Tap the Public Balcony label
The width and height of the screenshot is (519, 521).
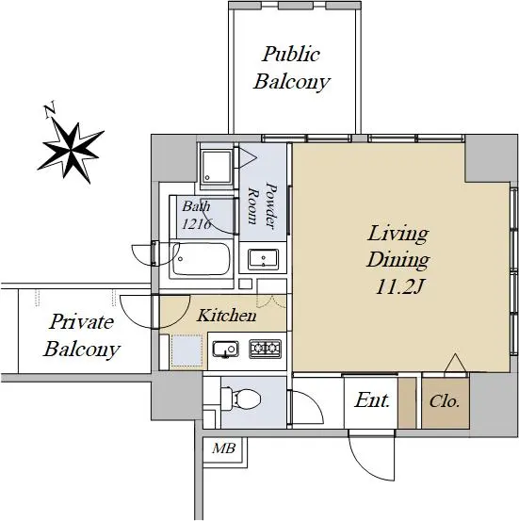pos(291,68)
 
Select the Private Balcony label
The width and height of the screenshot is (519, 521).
pos(81,335)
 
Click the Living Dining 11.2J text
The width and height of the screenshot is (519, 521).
pos(398,260)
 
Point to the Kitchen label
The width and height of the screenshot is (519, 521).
pos(226,316)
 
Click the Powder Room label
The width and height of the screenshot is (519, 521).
pos(263,206)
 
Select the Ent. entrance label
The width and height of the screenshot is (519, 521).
pos(372,400)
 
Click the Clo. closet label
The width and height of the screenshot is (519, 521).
pos(445,401)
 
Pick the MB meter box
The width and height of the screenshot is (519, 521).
pos(224,448)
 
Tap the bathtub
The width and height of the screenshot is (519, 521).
pos(201,259)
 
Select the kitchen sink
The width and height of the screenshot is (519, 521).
pos(226,350)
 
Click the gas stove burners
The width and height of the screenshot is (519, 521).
pos(265,349)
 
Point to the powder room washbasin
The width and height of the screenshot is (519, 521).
pos(263,258)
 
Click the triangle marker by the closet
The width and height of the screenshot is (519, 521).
pos(456,365)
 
